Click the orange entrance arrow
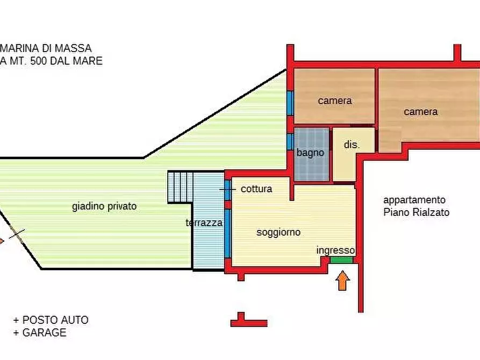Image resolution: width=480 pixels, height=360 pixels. click(x=342, y=280)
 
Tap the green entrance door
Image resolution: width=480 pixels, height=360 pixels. click(x=341, y=260)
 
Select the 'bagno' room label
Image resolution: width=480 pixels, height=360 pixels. click(x=310, y=153)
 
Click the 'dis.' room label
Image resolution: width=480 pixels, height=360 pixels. click(x=352, y=145)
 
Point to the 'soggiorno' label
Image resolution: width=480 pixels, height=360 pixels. click(x=278, y=233)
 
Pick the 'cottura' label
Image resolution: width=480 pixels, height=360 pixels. click(x=256, y=189)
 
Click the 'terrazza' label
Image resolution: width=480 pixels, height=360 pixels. click(x=204, y=222)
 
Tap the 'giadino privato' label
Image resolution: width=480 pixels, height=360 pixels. click(x=104, y=206)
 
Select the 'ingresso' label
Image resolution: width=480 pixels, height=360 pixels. click(x=335, y=250)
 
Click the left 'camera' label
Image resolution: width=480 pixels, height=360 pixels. click(x=334, y=100)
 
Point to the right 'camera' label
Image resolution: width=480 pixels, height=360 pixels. click(x=421, y=112)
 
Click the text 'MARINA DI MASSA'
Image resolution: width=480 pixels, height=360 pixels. click(x=47, y=48)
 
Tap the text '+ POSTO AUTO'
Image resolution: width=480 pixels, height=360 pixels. click(x=51, y=320)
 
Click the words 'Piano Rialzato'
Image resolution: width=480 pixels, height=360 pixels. click(x=416, y=212)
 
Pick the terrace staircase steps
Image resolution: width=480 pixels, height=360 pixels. click(x=180, y=186)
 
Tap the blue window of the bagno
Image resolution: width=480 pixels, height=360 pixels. click(x=289, y=141)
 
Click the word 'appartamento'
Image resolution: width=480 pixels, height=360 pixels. click(x=414, y=200)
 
